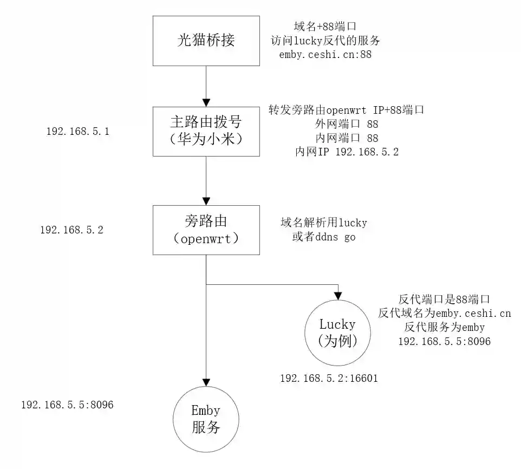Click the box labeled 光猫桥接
click(x=206, y=41)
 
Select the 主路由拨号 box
click(x=206, y=132)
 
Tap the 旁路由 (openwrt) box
click(x=206, y=230)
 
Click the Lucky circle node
click(x=337, y=333)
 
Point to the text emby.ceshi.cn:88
click(x=325, y=55)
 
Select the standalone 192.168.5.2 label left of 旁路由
click(x=71, y=230)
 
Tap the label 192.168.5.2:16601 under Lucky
click(x=329, y=379)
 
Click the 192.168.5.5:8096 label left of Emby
click(x=67, y=405)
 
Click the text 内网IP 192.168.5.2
click(x=347, y=152)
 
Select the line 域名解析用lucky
click(x=323, y=223)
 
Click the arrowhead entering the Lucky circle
click(x=337, y=296)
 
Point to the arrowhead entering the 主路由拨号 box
click(x=206, y=102)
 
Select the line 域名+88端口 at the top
click(x=324, y=26)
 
